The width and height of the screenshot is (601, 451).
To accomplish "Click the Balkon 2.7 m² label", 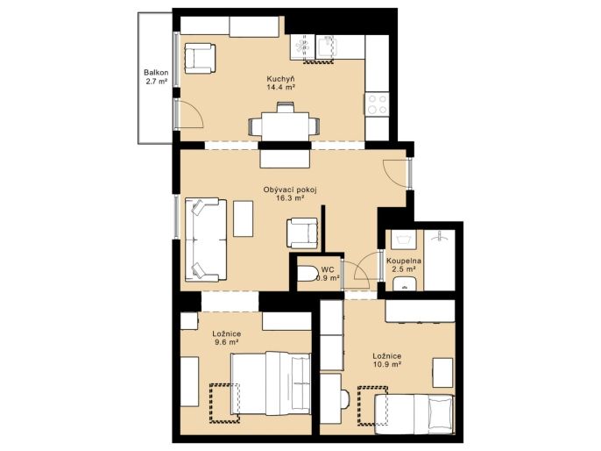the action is coord(156,76).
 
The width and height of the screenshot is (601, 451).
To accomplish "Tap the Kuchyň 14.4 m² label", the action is coord(280,82).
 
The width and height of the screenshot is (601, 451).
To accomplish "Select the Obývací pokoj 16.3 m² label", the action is coord(290,194).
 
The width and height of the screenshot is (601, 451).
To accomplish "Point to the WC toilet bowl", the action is coord(308,274).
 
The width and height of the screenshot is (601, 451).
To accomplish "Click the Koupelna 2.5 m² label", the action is coord(404,265).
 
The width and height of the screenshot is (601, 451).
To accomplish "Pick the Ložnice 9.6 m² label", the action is coord(227,338).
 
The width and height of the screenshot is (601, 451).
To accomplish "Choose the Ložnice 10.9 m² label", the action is coord(387,360).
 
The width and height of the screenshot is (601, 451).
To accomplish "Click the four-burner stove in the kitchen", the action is coord(377,104).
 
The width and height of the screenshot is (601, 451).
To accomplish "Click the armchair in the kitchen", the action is coord(200,58).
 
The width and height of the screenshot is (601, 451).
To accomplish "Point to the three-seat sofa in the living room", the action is coord(206,240).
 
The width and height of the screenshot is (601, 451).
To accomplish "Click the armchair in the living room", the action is coord(302,233).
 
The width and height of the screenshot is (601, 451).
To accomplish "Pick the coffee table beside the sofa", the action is coord(243,218).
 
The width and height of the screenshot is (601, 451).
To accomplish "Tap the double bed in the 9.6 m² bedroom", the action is coord(270,383).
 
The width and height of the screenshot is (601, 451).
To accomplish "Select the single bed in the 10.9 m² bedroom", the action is coord(414,414).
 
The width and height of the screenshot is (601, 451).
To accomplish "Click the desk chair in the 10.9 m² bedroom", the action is coord(345,399).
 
